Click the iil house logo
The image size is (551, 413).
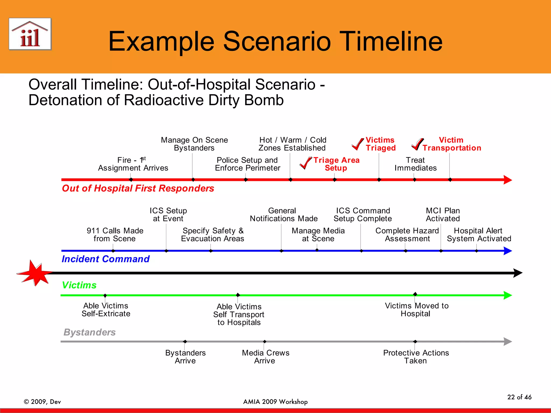(x=30, y=34)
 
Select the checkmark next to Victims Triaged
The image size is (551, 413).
(x=358, y=144)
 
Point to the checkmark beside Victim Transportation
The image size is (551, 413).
(x=417, y=144)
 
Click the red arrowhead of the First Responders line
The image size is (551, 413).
(x=507, y=180)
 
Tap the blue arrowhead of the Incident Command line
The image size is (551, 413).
(x=507, y=251)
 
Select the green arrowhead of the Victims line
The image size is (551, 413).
(x=507, y=295)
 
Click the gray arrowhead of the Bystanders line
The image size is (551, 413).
(x=507, y=341)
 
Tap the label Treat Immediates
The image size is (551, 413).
(x=415, y=164)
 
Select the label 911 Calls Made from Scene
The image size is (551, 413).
(x=115, y=235)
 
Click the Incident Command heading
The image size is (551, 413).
(x=105, y=259)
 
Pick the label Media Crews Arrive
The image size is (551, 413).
(x=265, y=357)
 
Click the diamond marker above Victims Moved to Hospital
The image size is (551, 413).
(x=415, y=294)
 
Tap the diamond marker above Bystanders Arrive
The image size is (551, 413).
(x=185, y=341)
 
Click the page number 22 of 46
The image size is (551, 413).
(x=519, y=397)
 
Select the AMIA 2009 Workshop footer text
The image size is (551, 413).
(x=275, y=402)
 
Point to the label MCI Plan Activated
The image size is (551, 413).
(x=443, y=215)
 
